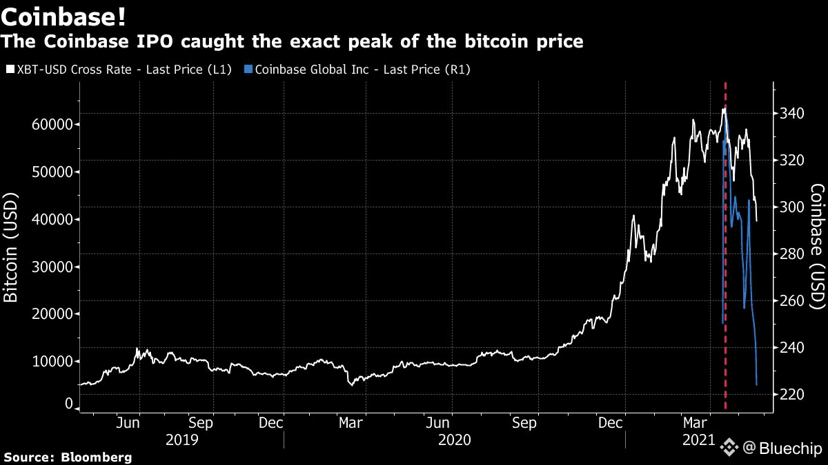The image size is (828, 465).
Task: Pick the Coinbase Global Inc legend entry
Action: click(x=362, y=70)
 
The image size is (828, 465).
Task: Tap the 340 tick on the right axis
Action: click(x=794, y=113)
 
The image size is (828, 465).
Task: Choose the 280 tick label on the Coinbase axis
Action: click(x=794, y=254)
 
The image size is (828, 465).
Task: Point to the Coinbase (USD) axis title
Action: click(x=817, y=246)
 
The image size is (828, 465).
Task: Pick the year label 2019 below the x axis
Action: click(x=183, y=440)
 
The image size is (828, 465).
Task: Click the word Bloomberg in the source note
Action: click(x=96, y=457)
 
